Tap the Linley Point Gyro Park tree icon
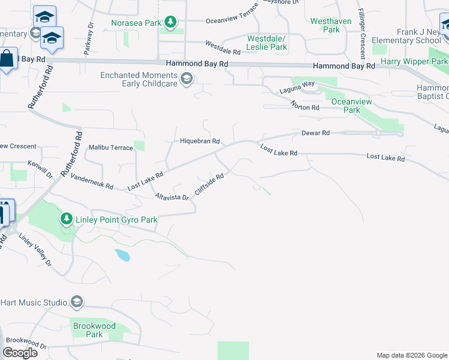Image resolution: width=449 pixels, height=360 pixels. click(x=67, y=220)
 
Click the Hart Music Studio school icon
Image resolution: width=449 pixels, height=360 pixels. click(x=76, y=302)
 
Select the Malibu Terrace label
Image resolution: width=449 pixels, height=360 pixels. click(x=110, y=148)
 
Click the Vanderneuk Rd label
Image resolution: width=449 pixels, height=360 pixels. click(x=92, y=182)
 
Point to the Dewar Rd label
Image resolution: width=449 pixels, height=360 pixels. click(x=316, y=133)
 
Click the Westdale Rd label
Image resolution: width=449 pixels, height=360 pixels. click(x=223, y=44)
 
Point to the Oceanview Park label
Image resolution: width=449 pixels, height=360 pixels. click(x=346, y=106)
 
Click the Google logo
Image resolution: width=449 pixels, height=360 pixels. click(x=20, y=352)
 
